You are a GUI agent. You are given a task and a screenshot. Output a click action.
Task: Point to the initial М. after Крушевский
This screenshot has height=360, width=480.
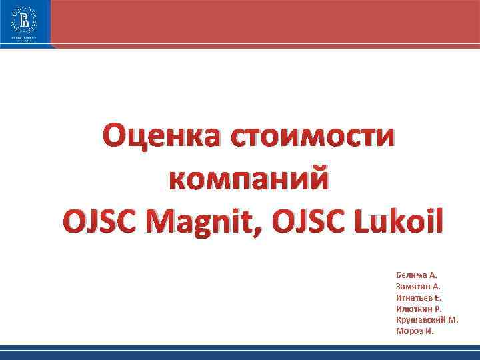(x=453, y=320)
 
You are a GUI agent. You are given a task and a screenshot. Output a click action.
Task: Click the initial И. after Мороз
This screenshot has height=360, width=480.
(x=429, y=331)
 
